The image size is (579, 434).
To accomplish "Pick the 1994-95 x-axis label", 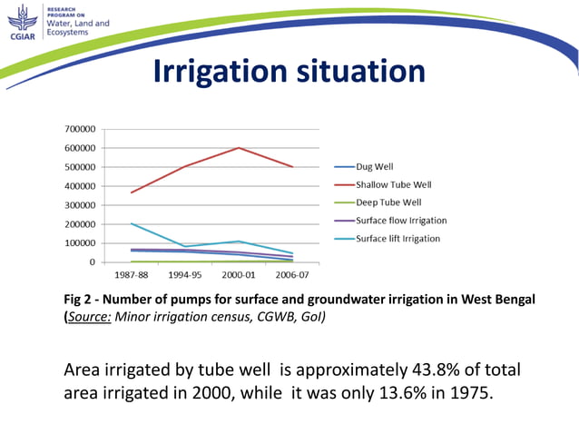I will [186, 273].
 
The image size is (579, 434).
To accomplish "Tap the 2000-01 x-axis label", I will [239, 273].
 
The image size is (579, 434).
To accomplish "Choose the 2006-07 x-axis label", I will [291, 273].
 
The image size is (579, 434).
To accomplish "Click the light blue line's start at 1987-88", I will [132, 223].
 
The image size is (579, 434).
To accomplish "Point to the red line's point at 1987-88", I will [132, 192].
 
